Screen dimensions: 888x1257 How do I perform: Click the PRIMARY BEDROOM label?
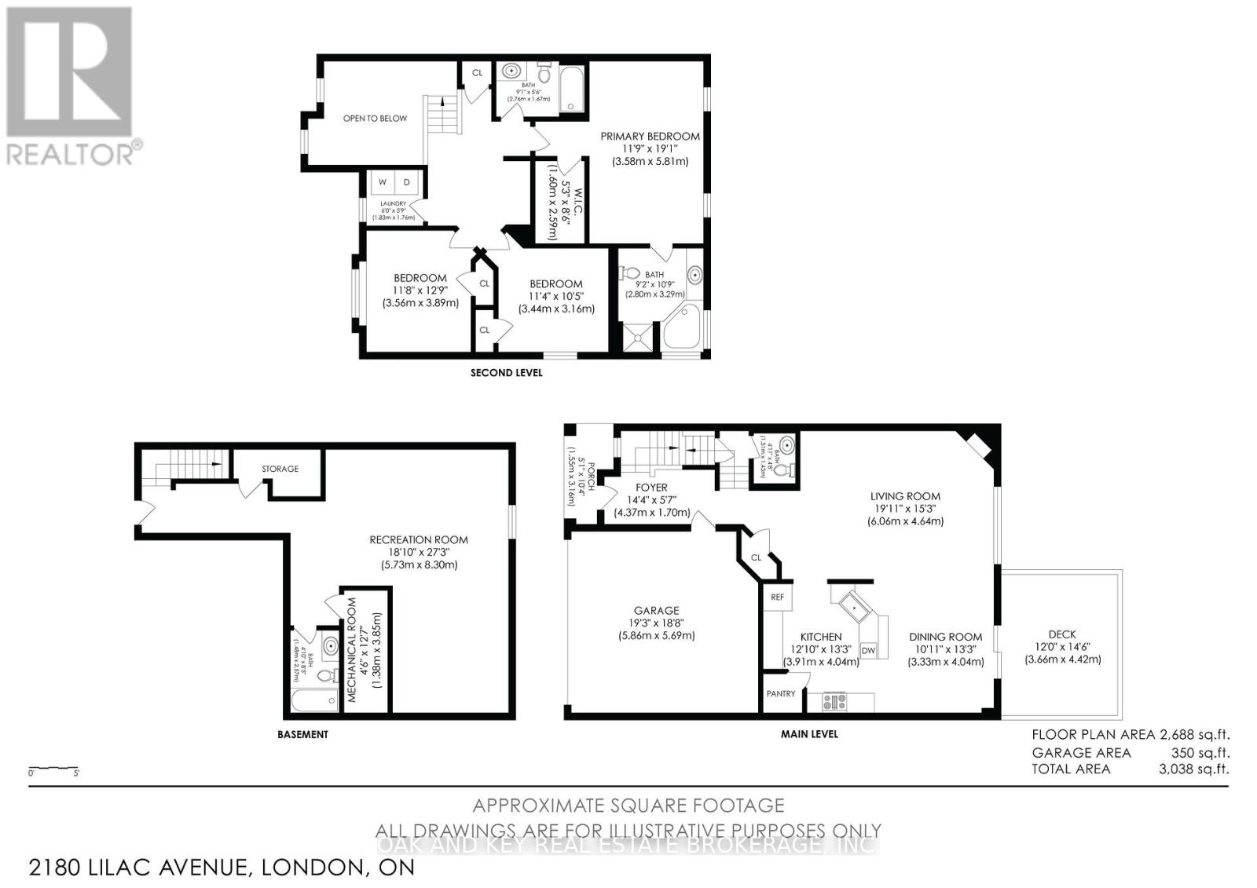pyautogui.click(x=650, y=136)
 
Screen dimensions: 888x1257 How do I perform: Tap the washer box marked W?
pyautogui.click(x=383, y=182)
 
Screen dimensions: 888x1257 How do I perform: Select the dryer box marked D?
pyautogui.click(x=407, y=182)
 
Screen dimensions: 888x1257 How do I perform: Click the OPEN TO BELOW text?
pyautogui.click(x=375, y=119)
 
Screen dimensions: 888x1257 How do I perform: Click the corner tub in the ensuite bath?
pyautogui.click(x=681, y=329)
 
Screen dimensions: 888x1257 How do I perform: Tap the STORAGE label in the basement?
pyautogui.click(x=280, y=469)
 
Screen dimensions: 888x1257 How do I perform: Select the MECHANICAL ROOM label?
pyautogui.click(x=351, y=649)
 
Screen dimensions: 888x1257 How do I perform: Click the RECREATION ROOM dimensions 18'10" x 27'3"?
pyautogui.click(x=419, y=552)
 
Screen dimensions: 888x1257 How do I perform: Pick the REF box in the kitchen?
pyautogui.click(x=777, y=597)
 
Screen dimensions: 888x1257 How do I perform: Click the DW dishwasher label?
pyautogui.click(x=868, y=650)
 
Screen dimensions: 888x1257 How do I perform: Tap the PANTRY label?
pyautogui.click(x=781, y=693)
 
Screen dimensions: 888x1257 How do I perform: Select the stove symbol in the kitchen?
pyautogui.click(x=834, y=701)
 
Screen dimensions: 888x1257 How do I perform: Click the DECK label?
pyautogui.click(x=1062, y=634)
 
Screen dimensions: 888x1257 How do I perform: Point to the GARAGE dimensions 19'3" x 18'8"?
pyautogui.click(x=656, y=623)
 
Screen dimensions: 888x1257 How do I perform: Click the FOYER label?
pyautogui.click(x=651, y=488)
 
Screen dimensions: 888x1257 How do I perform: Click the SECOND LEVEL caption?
pyautogui.click(x=506, y=372)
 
